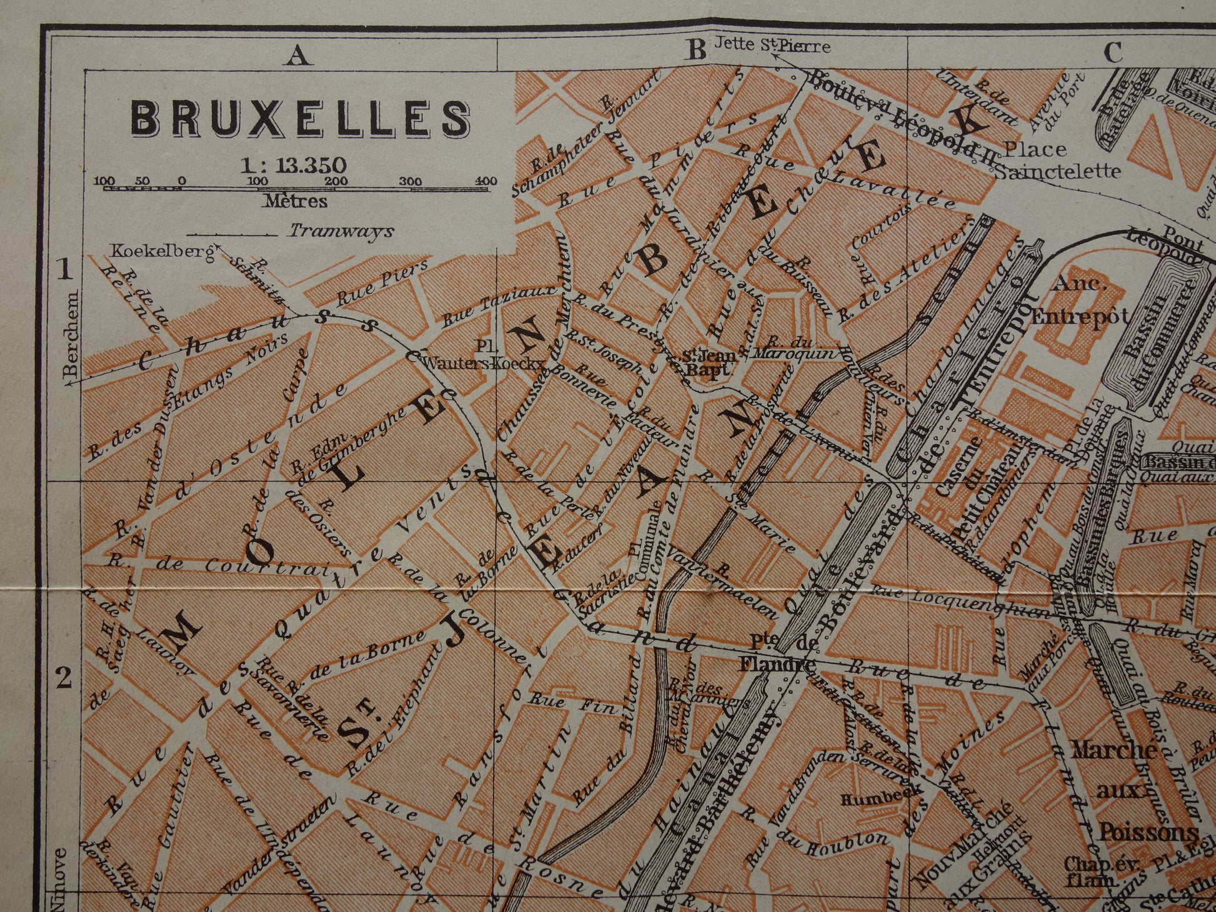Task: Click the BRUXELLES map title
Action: point(300,117)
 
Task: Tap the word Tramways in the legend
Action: point(341,231)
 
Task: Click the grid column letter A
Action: point(298,55)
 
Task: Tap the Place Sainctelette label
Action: point(1056,159)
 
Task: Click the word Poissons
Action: point(1148,833)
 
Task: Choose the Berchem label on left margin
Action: point(72,334)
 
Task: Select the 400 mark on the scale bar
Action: point(485,181)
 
